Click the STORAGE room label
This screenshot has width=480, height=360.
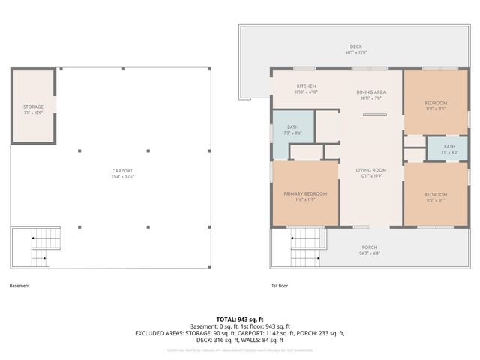[x=33, y=107]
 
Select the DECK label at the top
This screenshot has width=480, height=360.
[x=366, y=46]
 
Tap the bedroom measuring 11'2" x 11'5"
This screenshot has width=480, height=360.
[x=436, y=103]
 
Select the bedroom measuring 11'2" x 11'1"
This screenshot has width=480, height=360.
[x=436, y=194]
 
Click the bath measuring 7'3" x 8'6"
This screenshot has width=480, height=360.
[x=292, y=128]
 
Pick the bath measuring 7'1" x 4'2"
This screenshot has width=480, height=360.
[x=448, y=146]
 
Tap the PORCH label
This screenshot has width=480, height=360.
[x=370, y=247]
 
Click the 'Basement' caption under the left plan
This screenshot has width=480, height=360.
[x=20, y=286]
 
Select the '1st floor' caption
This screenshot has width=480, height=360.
[x=280, y=286]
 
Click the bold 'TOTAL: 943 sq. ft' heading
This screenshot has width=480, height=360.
[x=239, y=319]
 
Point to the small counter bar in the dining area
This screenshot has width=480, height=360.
[x=375, y=115]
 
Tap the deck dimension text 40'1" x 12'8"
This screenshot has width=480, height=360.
[x=366, y=52]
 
